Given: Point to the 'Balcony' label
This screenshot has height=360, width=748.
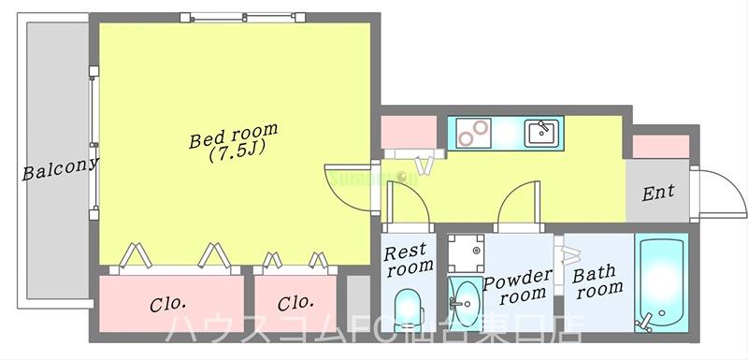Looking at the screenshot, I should pyautogui.click(x=61, y=170).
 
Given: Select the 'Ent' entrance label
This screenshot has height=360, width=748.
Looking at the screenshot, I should pyautogui.click(x=658, y=194).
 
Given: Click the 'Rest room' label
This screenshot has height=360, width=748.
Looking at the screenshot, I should pyautogui.click(x=410, y=258).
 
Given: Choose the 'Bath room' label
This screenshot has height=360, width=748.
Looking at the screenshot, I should pyautogui.click(x=598, y=281).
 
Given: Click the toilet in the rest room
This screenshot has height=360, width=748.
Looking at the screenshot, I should pyautogui.click(x=409, y=307).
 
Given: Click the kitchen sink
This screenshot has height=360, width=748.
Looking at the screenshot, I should pyautogui.click(x=541, y=133).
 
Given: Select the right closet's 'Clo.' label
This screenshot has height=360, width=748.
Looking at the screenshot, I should pyautogui.click(x=295, y=304).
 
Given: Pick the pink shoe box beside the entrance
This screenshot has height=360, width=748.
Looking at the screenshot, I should pyautogui.click(x=660, y=147).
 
